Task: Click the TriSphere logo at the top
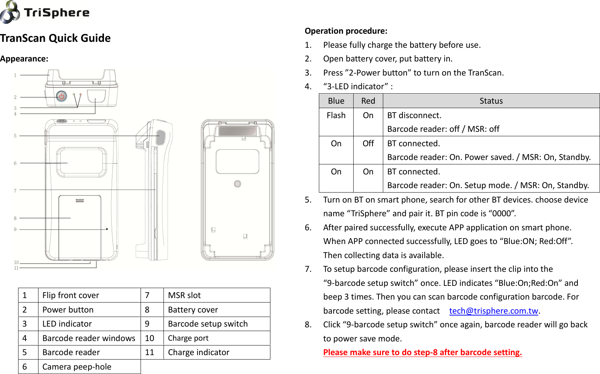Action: pos(45,12)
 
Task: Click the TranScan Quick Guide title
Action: pos(55,38)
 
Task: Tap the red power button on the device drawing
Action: pos(61,97)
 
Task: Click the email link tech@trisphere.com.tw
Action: pos(493,311)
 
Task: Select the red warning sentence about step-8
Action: pos(422,352)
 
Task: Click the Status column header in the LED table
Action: pos(491,101)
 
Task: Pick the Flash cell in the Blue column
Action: pos(336,116)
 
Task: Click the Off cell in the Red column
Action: pos(368,144)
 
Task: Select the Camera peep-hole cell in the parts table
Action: pos(77,367)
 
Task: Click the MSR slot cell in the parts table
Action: pos(184,295)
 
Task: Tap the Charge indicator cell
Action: pos(199,352)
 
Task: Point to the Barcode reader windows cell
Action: pos(89,338)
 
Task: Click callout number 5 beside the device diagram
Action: pos(15,136)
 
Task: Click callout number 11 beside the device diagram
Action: pos(16,268)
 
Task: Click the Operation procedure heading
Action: pos(346,31)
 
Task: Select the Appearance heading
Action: pos(24,59)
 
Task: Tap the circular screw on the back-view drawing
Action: pos(237,184)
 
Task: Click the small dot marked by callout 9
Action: pos(107,229)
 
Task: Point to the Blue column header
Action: pos(336,101)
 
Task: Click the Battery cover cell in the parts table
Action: pos(193,310)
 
